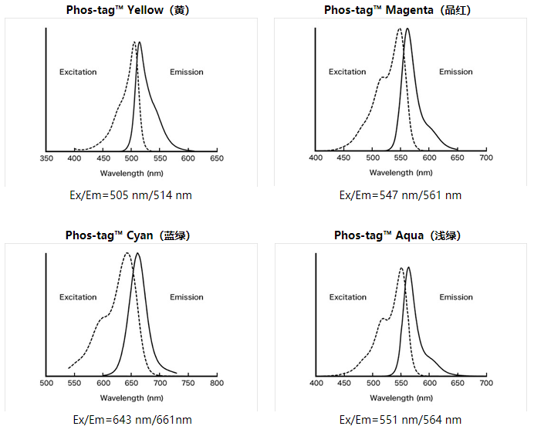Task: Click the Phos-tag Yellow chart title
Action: click(127, 10)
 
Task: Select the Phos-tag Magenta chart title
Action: click(397, 10)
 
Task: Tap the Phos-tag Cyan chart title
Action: click(127, 235)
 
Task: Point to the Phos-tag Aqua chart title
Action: click(397, 235)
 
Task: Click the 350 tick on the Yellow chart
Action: click(46, 158)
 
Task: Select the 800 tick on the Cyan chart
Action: click(217, 383)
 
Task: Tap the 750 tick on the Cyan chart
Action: click(188, 383)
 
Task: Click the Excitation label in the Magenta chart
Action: click(347, 72)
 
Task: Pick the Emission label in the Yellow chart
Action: click(187, 72)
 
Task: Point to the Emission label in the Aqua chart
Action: click(456, 297)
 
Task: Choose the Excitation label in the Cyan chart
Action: click(78, 297)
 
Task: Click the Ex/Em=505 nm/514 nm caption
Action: click(130, 195)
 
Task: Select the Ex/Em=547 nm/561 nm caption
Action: click(400, 195)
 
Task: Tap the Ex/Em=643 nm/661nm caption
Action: click(133, 420)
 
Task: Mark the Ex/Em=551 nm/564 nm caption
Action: click(400, 420)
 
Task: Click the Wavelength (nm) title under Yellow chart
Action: click(131, 174)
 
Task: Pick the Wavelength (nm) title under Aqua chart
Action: click(401, 398)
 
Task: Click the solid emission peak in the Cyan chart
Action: click(137, 253)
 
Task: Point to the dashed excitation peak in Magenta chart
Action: click(400, 29)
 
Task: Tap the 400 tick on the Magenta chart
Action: click(316, 157)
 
